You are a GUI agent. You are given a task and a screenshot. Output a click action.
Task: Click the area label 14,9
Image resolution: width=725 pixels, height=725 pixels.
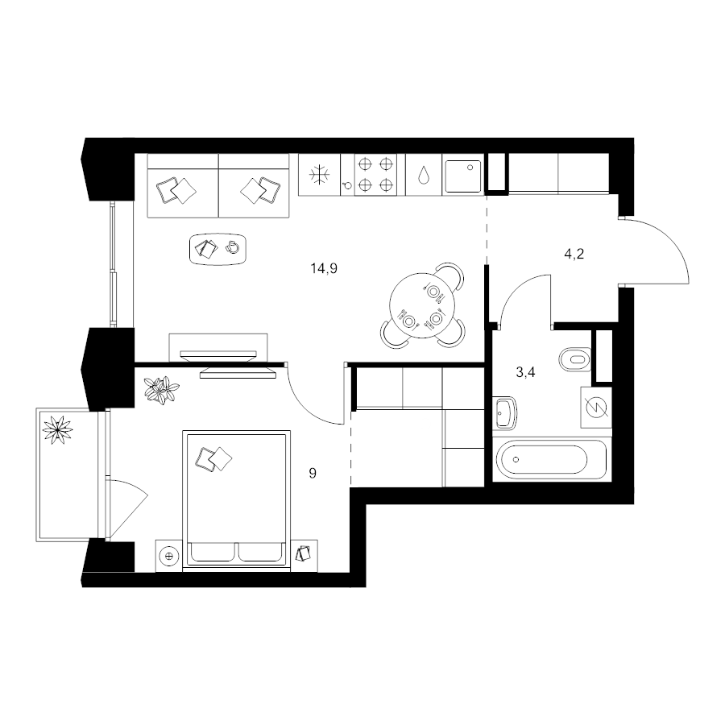click(324, 268)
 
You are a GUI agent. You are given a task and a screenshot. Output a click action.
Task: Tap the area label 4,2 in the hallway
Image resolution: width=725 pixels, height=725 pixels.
click(574, 254)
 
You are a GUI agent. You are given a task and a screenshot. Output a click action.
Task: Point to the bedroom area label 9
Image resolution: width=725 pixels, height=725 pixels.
click(313, 473)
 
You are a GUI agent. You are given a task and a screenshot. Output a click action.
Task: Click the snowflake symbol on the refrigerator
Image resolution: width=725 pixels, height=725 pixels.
click(320, 175)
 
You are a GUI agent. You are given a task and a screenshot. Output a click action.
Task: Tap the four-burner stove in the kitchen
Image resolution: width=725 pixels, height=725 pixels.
click(375, 175)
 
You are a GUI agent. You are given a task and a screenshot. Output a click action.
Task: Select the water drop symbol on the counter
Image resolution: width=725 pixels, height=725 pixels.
click(424, 176)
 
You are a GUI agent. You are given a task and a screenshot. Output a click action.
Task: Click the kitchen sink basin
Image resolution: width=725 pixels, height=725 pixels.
click(463, 176)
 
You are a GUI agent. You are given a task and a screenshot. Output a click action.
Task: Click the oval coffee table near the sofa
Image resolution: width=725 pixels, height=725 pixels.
click(217, 249)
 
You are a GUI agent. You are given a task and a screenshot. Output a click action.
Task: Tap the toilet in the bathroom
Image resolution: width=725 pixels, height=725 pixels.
click(574, 359)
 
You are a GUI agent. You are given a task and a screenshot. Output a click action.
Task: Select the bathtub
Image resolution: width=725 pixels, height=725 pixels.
click(551, 460)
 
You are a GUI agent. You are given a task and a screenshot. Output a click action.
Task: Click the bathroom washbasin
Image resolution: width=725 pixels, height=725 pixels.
click(505, 413)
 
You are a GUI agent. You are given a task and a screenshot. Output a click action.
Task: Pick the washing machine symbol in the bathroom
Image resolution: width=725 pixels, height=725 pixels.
click(596, 408)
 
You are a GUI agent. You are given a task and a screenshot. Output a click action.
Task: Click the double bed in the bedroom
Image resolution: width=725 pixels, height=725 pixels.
click(237, 499)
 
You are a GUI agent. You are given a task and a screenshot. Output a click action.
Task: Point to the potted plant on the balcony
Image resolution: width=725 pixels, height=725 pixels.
click(58, 430)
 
